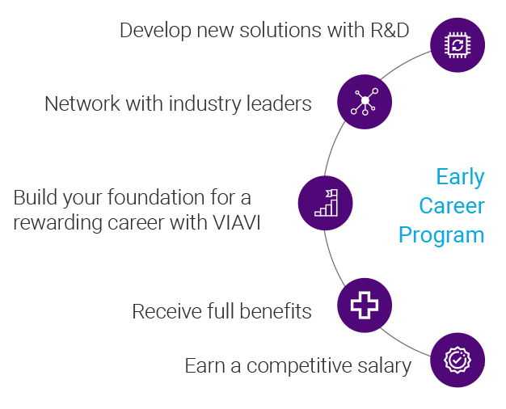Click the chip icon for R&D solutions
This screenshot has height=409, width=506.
point(458,44)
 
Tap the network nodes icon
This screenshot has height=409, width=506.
point(364,102)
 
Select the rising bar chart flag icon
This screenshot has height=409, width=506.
point(326,203)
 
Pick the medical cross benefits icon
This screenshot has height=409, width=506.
point(364,305)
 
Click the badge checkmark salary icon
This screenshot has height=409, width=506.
point(458,360)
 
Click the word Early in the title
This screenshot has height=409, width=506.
point(460,177)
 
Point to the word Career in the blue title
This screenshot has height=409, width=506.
point(451,205)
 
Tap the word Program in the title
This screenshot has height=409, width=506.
point(441,234)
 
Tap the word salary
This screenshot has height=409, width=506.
point(384,366)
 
